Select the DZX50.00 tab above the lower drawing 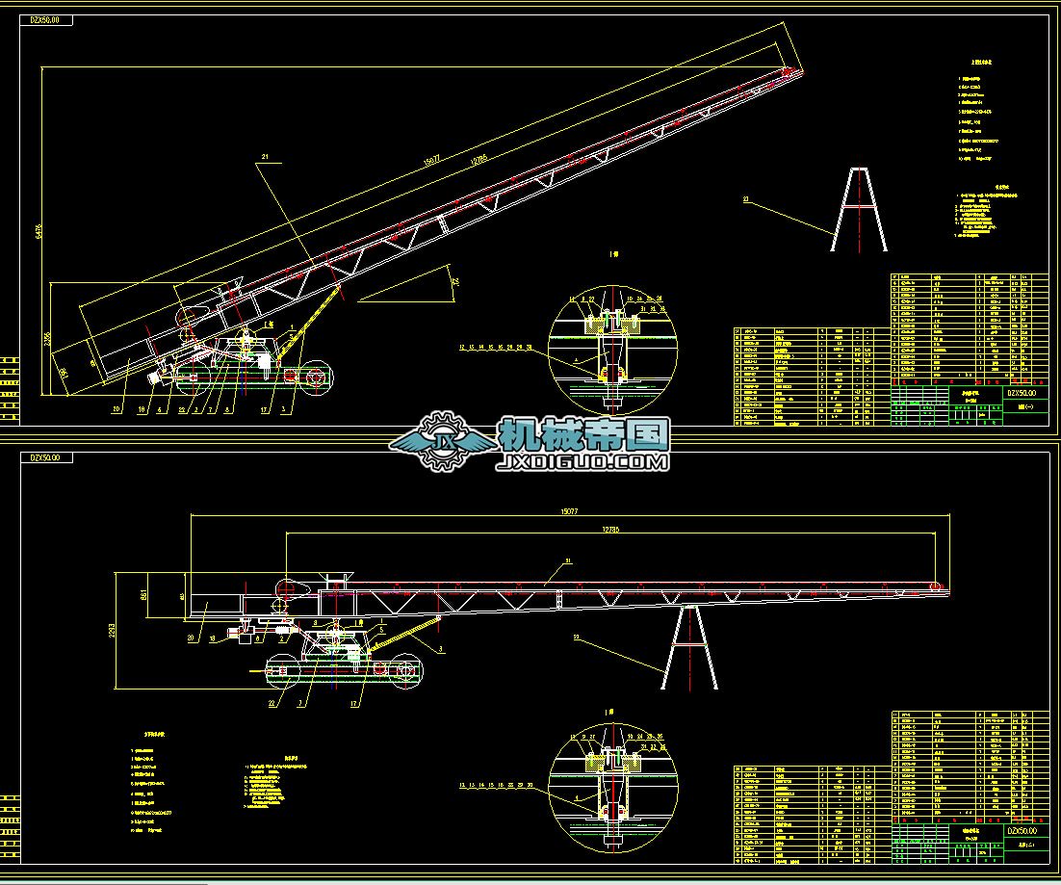46,458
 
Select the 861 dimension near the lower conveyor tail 144,596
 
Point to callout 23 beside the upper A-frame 745,199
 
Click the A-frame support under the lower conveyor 689,646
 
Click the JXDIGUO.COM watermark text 583,463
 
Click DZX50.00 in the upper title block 1023,393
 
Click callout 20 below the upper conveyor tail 116,410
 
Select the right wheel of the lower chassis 402,671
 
